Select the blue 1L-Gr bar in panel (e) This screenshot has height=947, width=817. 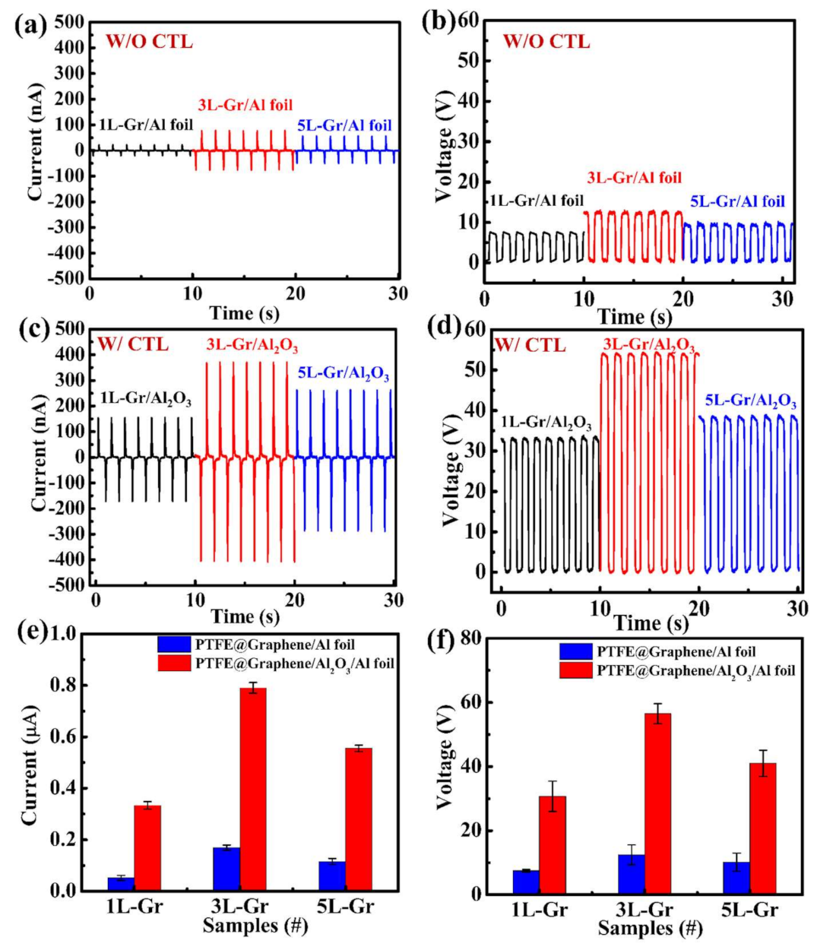point(121,882)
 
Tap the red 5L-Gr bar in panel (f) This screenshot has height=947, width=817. point(762,828)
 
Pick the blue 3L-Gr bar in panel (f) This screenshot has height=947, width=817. point(632,874)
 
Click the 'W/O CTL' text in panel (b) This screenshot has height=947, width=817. point(546,41)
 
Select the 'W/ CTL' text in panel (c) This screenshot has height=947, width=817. point(132,344)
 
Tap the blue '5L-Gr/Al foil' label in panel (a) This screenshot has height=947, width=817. point(344,125)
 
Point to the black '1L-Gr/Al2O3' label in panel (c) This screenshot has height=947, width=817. point(146,399)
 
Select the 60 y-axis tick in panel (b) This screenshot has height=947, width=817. point(468,21)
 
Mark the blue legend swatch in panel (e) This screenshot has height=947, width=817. point(174,645)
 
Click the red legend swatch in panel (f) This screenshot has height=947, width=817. point(575,670)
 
